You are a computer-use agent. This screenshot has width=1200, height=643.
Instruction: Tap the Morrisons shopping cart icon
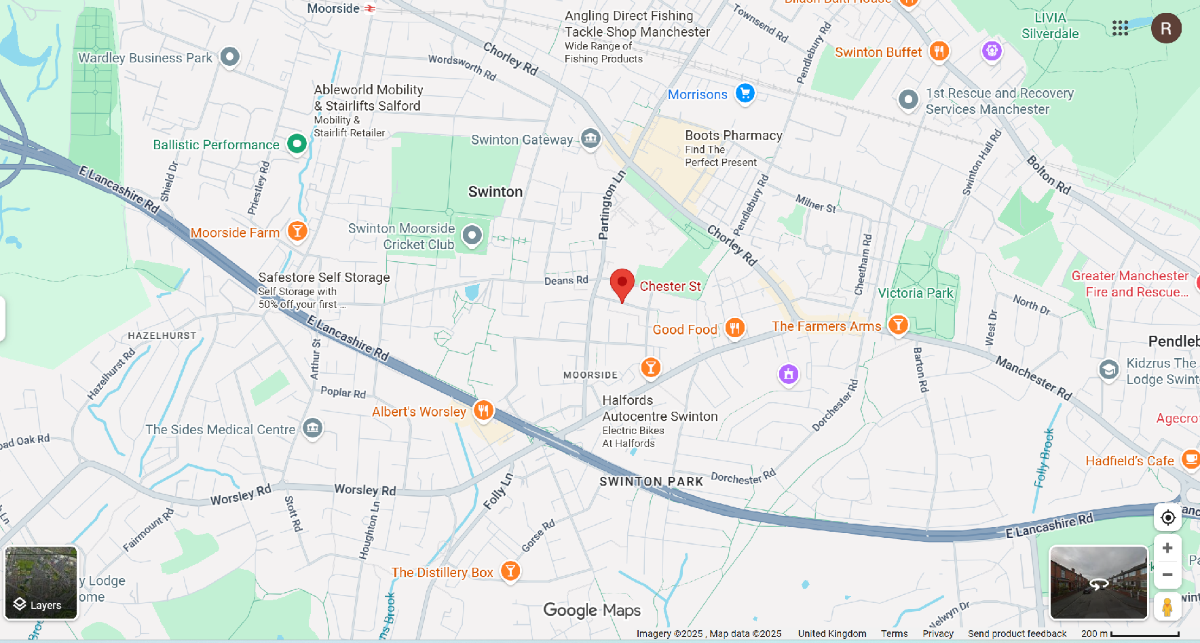click(x=745, y=94)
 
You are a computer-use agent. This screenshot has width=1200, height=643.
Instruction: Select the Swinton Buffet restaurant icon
click(x=939, y=52)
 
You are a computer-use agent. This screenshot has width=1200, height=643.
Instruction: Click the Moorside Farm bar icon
click(x=297, y=231)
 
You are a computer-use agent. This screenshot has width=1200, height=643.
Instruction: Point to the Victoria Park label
click(x=915, y=293)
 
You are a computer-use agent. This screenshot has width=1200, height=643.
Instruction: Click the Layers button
click(x=41, y=583)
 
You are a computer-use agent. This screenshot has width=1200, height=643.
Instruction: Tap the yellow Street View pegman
click(x=1167, y=606)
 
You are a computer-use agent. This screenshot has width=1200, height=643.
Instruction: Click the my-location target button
click(x=1167, y=518)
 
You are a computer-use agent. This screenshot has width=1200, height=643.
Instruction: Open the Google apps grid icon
click(x=1120, y=28)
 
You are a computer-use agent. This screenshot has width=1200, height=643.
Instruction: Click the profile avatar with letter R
click(x=1166, y=28)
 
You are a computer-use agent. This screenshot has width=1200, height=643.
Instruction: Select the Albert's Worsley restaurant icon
click(x=483, y=410)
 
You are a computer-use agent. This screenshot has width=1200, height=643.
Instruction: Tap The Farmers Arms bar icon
click(x=898, y=325)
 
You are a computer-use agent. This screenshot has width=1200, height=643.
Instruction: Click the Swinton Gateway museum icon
click(x=590, y=138)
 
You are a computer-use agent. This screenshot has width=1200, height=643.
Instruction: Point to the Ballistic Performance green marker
click(x=297, y=144)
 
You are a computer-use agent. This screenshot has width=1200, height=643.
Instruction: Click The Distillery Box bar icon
click(x=510, y=571)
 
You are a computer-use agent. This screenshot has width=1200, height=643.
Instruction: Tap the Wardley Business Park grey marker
click(x=230, y=57)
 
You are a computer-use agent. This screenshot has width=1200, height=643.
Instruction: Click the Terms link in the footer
click(x=894, y=634)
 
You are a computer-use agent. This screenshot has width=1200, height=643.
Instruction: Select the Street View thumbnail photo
click(x=1098, y=582)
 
